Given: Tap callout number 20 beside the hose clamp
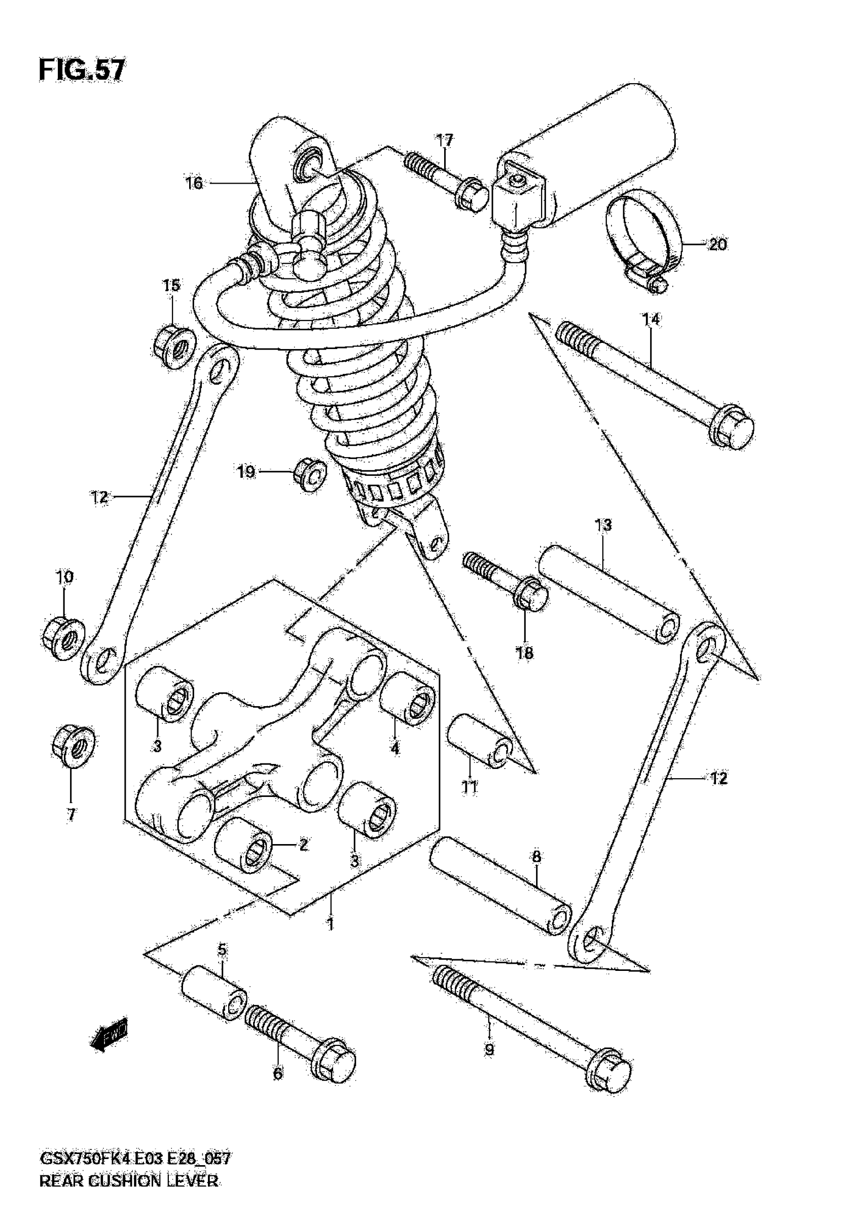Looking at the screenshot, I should coord(717,244).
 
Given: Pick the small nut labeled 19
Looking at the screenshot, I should coord(310,471).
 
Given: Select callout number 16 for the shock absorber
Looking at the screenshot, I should coord(194,183).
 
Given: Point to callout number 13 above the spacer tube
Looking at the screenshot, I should coord(603,525).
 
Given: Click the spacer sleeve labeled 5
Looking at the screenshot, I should coord(214,996).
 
